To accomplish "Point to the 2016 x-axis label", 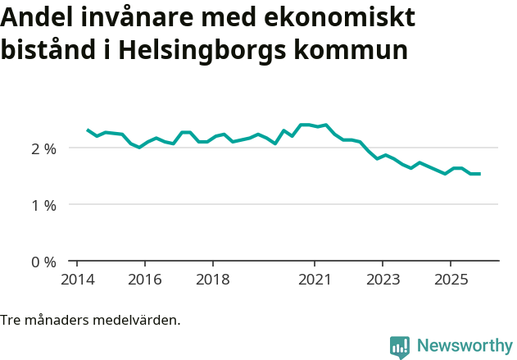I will (144, 280).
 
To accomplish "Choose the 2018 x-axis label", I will (212, 280).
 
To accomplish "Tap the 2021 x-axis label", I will (314, 280).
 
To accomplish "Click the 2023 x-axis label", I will (382, 280).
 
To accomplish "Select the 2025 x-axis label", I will (450, 280).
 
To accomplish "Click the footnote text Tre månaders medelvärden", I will (90, 320).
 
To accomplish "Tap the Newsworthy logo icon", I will (400, 347).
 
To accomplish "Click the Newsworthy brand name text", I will (465, 346).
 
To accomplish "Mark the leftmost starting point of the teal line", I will (88, 130).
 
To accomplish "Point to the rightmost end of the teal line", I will (479, 174).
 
